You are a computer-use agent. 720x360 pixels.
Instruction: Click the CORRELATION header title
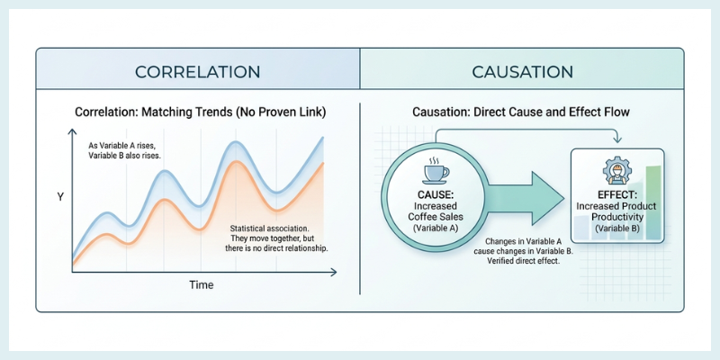197,71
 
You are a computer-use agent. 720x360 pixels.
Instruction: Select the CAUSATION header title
522,71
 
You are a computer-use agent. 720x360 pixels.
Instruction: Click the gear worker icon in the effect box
617,173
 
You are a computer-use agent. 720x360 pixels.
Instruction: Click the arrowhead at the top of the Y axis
71,134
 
